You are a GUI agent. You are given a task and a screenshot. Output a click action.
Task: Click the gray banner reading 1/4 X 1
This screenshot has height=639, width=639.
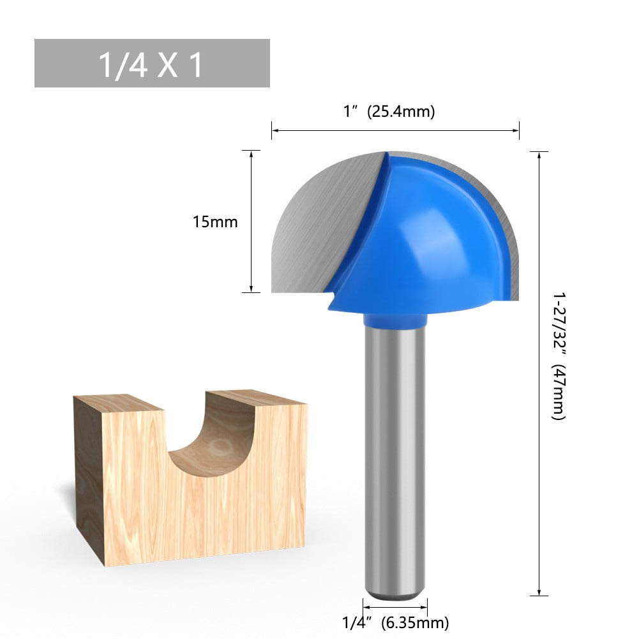(152, 63)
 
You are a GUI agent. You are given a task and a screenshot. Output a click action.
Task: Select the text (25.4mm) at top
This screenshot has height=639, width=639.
(400, 112)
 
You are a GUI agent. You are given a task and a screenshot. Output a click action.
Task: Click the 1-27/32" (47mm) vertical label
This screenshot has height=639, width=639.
(559, 356)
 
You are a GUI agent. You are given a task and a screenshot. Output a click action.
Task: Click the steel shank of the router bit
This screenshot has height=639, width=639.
(395, 460)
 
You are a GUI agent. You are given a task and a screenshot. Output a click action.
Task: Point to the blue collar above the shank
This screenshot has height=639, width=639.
(395, 318)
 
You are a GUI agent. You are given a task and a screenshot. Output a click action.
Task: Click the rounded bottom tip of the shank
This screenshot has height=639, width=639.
(395, 595)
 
